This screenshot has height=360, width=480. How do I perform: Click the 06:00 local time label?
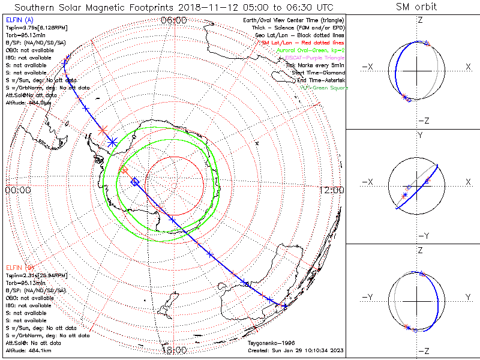click(x=174, y=20)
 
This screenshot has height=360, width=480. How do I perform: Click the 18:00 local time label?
click(x=174, y=350)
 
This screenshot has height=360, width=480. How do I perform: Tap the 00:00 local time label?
click(x=17, y=190)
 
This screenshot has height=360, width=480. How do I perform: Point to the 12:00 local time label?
click(x=332, y=190)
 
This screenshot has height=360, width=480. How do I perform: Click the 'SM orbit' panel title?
click(x=416, y=7)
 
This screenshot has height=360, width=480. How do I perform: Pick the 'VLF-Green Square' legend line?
click(x=324, y=88)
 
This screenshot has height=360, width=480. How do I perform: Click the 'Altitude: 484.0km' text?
click(x=28, y=103)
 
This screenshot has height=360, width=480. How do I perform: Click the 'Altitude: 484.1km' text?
click(x=28, y=350)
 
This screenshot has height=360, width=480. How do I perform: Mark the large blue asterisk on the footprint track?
click(x=113, y=142)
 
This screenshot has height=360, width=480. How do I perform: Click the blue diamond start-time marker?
click(x=135, y=181)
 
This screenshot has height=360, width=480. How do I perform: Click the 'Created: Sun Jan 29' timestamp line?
click(x=296, y=350)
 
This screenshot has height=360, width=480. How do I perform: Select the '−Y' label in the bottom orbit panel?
click(x=368, y=297)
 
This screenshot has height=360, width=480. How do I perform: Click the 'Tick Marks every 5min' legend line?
click(x=315, y=65)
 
